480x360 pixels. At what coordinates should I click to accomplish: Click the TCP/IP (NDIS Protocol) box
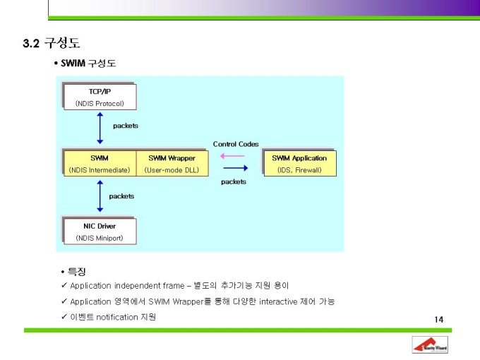pos(99,97)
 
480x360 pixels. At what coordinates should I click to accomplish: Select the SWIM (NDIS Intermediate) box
pos(99,163)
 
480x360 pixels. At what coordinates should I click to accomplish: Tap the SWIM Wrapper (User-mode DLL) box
pos(172,163)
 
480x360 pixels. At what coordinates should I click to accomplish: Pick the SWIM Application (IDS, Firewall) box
pos(299,163)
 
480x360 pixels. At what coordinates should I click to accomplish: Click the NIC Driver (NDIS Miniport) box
pos(99,232)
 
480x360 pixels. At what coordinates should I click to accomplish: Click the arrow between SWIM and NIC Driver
pos(100,197)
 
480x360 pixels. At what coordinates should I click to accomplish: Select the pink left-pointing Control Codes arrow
pos(233,156)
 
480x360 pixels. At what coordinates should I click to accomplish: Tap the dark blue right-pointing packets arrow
pos(234,168)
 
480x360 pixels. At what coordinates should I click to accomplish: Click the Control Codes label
pos(236,144)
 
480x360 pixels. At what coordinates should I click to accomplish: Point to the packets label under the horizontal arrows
pos(234,181)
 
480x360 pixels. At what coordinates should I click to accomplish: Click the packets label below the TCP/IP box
pos(126,126)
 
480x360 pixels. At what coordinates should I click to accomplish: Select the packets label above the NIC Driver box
pos(121,196)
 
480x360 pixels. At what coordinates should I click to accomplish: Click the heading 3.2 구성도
pos(51,44)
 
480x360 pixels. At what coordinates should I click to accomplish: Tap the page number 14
pos(439,320)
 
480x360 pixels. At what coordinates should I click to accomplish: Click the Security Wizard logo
pos(430,345)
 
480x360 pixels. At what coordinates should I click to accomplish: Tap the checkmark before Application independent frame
pos(64,285)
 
